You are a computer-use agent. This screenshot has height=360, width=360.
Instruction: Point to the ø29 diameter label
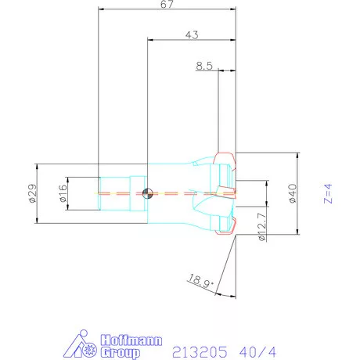[x=32, y=193]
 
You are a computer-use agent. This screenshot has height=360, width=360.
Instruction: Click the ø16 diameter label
[x=62, y=193]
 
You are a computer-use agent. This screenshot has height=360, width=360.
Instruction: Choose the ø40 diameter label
[x=292, y=193]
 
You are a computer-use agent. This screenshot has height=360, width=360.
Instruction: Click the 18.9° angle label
[x=201, y=279]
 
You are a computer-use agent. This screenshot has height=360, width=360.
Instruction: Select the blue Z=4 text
[x=329, y=193]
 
